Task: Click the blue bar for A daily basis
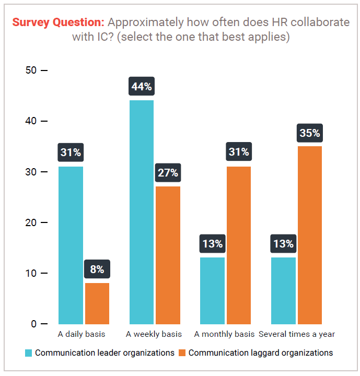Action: (x=71, y=245)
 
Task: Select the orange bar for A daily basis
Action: (x=97, y=303)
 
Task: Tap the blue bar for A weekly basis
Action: (x=141, y=212)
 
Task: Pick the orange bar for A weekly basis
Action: (x=168, y=255)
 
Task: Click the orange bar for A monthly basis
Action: (x=239, y=245)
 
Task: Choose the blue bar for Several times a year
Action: (x=283, y=291)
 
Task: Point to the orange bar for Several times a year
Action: (x=310, y=235)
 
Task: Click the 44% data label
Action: (x=141, y=87)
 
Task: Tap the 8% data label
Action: (x=97, y=269)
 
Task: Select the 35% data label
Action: (x=310, y=133)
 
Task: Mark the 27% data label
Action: (x=168, y=173)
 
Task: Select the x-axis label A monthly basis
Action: (x=224, y=334)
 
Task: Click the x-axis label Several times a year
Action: (x=297, y=334)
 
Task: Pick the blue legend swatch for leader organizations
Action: (x=29, y=353)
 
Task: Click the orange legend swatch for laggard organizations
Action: (x=182, y=353)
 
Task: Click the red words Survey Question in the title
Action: (x=58, y=22)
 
